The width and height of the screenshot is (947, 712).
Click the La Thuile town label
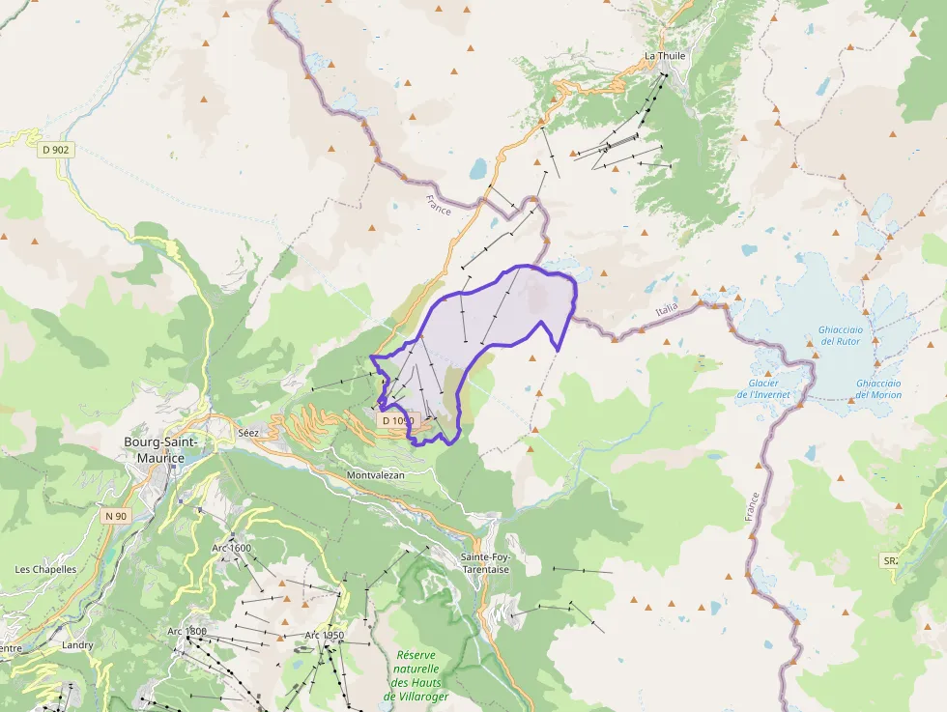click(665, 56)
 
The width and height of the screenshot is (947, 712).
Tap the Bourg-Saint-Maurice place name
click(160, 449)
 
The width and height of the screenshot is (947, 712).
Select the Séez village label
click(248, 433)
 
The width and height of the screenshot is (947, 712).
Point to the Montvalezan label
click(375, 475)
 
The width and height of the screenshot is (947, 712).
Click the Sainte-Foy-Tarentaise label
click(485, 563)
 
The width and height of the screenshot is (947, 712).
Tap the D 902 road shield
click(56, 150)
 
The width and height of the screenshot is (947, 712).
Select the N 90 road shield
click(115, 516)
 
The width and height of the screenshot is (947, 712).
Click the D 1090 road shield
click(397, 421)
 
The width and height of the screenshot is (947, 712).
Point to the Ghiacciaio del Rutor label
click(840, 335)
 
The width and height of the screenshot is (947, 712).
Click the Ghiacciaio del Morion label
click(878, 388)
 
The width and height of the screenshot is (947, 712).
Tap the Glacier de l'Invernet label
click(763, 388)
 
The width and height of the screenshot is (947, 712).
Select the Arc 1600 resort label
click(231, 548)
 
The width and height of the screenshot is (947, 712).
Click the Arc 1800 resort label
click(187, 631)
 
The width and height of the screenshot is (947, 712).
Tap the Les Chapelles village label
click(45, 569)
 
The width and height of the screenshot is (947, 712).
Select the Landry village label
click(77, 644)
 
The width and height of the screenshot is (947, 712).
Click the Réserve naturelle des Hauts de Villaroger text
click(416, 675)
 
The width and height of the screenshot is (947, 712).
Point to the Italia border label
click(667, 307)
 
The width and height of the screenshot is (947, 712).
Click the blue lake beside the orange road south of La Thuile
click(478, 170)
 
